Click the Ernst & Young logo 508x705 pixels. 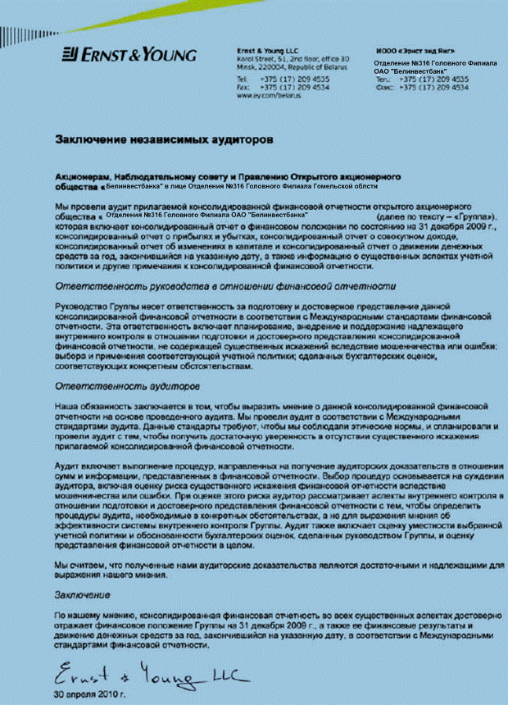point(129,55)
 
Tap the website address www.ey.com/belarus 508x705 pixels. point(270,96)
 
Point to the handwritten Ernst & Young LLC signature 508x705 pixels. point(140,676)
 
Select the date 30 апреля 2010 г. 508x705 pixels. point(90,695)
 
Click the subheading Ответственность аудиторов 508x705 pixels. point(120,384)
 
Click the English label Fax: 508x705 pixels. point(243,87)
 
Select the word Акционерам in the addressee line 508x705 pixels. point(82,176)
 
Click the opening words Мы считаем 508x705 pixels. point(79,566)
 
